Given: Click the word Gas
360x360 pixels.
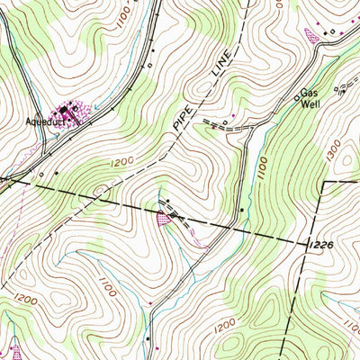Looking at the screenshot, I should pos(309,93).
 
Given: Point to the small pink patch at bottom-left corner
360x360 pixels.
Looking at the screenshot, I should pos(14,349).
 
